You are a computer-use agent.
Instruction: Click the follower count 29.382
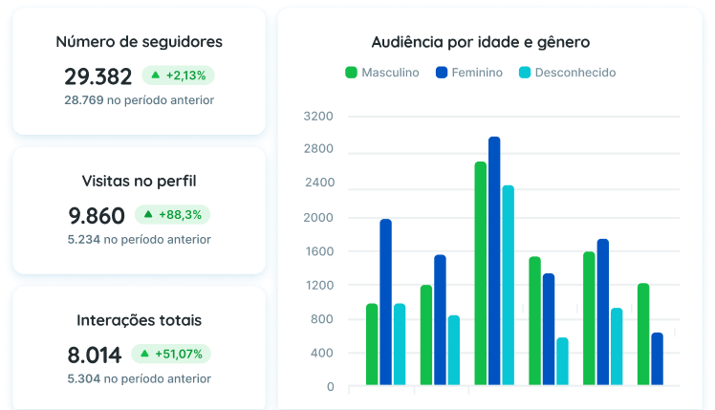(98, 76)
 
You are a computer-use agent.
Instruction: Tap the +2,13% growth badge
(179, 75)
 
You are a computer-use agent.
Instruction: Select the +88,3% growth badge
(172, 215)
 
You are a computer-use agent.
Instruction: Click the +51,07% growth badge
(171, 355)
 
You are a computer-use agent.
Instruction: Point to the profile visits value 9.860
(97, 216)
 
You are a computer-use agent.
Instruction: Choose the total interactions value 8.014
(95, 356)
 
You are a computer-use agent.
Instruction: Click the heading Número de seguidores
(139, 42)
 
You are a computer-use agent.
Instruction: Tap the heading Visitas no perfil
(139, 181)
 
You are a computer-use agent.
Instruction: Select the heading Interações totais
(139, 321)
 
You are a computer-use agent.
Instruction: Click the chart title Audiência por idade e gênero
(480, 43)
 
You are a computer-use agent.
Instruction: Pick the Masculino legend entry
(381, 73)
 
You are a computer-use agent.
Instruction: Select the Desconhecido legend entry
(567, 73)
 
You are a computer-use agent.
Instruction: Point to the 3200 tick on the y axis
(317, 117)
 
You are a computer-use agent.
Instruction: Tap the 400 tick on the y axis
(321, 354)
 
